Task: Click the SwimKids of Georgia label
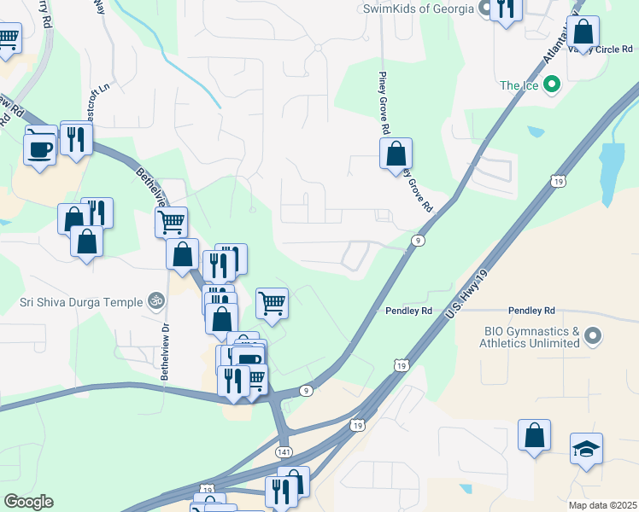(x=418, y=9)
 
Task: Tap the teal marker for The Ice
(x=552, y=84)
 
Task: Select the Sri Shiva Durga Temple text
(x=81, y=300)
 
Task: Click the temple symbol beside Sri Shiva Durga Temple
(x=155, y=300)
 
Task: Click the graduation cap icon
(x=586, y=448)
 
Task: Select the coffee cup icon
(x=40, y=148)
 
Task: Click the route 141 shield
(x=284, y=450)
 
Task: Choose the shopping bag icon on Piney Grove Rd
(x=396, y=154)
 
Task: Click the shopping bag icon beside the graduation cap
(x=534, y=434)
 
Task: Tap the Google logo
(x=28, y=502)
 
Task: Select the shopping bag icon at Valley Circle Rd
(x=583, y=32)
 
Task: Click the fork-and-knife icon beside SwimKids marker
(x=507, y=9)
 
